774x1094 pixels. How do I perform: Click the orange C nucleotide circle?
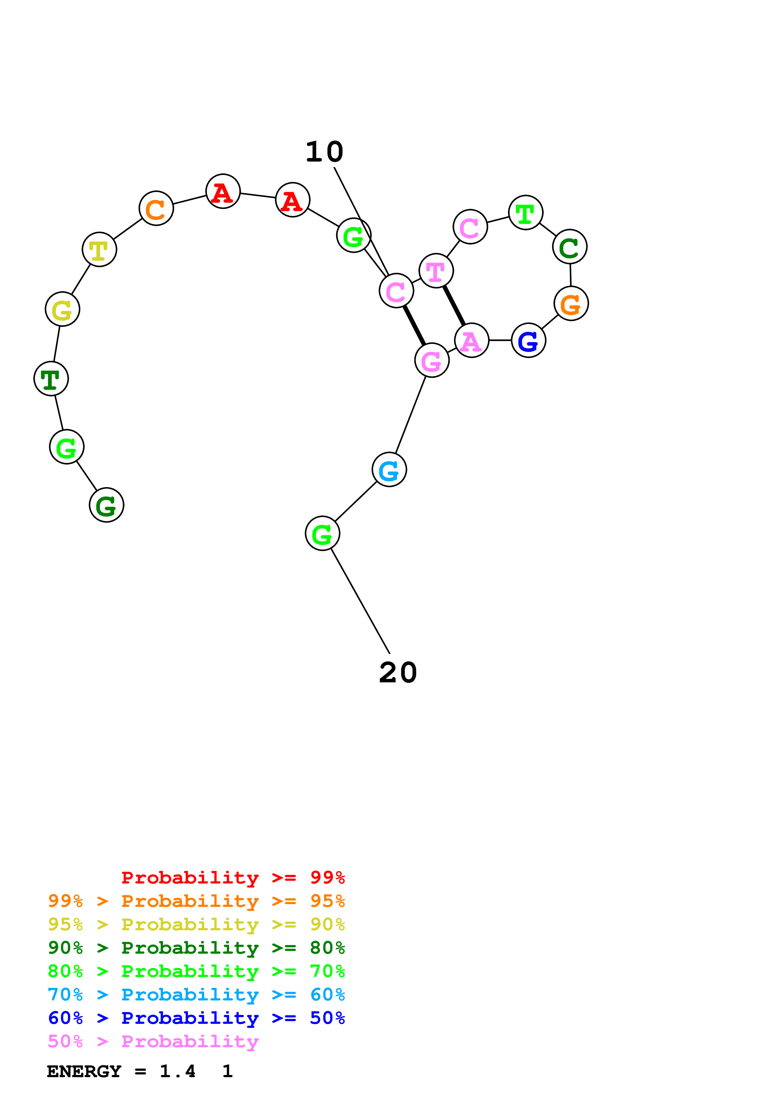tap(156, 208)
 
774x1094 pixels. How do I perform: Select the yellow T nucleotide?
tap(99, 249)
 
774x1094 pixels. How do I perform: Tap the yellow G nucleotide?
tap(62, 309)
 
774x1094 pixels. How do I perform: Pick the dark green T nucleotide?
tap(51, 379)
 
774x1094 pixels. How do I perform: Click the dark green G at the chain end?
tap(106, 505)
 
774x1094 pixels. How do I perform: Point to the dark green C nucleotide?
tap(569, 247)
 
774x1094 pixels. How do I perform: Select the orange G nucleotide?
tap(571, 303)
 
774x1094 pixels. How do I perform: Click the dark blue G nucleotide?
tap(528, 340)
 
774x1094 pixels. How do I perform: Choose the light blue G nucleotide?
tap(389, 470)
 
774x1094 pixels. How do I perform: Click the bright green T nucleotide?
tap(525, 212)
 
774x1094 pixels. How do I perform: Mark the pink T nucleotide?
tap(436, 271)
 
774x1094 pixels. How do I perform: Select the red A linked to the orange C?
tap(223, 191)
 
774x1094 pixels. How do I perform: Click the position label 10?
tap(324, 152)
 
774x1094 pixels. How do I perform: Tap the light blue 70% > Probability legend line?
tap(196, 995)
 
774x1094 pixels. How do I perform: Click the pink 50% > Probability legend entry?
tap(153, 1042)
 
